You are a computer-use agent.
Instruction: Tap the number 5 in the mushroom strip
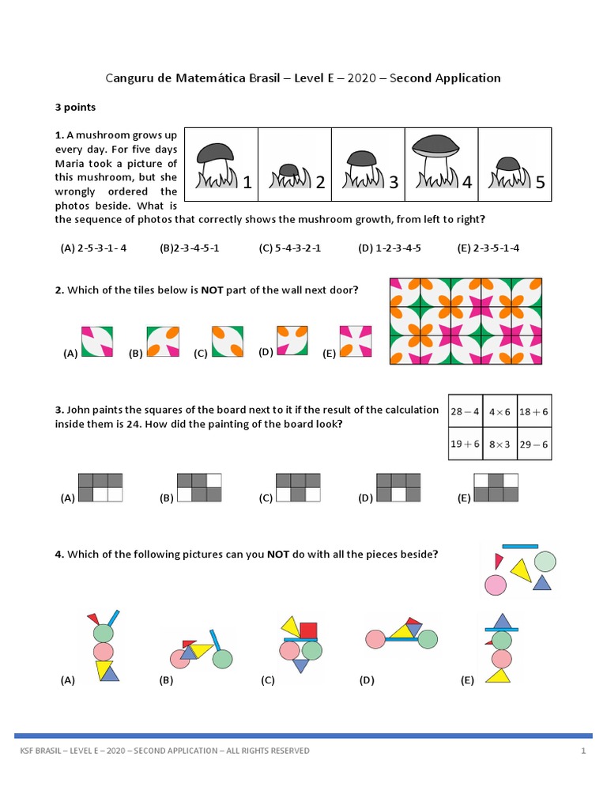pos(541,184)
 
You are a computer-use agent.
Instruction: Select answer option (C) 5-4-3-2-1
pos(290,248)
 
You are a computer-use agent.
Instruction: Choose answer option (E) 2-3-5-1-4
pos(488,248)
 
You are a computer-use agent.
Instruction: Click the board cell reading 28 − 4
pos(465,411)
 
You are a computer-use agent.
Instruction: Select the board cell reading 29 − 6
pos(534,444)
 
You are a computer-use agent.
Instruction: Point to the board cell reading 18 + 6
pos(534,411)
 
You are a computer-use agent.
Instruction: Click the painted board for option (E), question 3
pos(496,487)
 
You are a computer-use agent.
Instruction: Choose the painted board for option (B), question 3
pos(199,487)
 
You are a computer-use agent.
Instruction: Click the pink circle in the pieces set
pos(495,585)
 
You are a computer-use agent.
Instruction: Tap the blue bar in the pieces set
pos(520,546)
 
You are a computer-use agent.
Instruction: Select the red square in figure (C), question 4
pos(308,630)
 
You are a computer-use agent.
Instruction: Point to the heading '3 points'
pos(75,107)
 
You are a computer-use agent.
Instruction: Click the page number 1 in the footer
pos(583,751)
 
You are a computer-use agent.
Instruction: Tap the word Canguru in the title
pos(129,78)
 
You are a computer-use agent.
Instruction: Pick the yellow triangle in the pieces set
pos(520,570)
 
